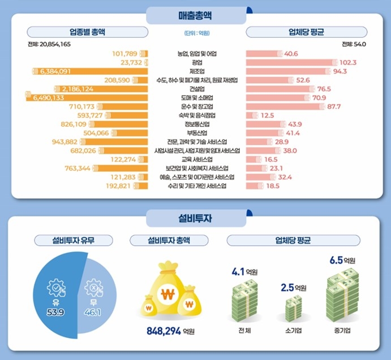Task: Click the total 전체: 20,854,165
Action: [49, 44]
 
